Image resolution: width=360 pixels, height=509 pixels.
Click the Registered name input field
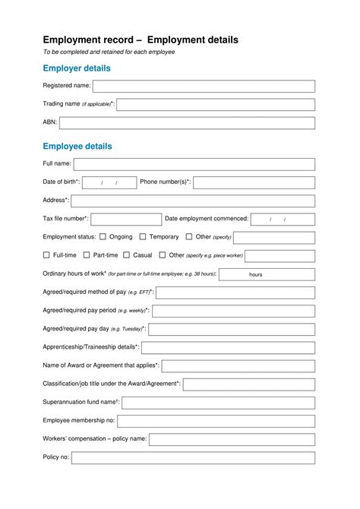point(204,86)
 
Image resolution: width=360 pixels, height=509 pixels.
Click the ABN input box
point(187,122)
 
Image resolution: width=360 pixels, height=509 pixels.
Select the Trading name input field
point(216,104)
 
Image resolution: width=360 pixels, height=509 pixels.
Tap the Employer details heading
point(77,68)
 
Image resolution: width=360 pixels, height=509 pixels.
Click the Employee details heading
point(77,146)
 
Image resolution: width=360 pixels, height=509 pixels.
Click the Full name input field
point(194,164)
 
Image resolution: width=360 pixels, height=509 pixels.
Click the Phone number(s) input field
point(254,182)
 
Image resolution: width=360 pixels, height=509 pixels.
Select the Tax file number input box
point(126,219)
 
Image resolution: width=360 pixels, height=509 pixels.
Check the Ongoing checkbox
point(103,237)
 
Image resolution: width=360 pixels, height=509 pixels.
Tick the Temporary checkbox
point(143,237)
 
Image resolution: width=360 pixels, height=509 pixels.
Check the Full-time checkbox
point(46,255)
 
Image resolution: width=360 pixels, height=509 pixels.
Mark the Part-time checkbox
point(87,255)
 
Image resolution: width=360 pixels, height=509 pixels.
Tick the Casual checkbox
point(127,255)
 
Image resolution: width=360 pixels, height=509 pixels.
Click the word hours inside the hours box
point(256,274)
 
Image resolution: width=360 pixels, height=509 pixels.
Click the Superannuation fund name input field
point(218,403)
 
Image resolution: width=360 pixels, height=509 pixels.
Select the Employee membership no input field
point(216,421)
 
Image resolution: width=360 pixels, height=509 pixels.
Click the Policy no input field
point(193,457)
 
